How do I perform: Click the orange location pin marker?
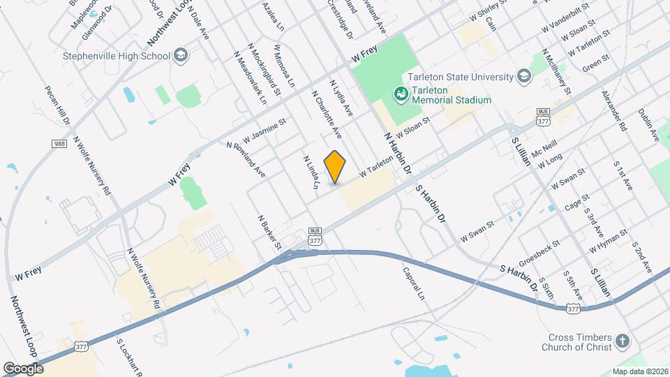(x=335, y=167)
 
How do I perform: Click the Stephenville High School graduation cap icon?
(x=181, y=56)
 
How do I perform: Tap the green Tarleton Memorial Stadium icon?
(x=401, y=94)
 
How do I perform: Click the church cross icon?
(x=622, y=342)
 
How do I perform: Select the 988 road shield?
(x=59, y=144)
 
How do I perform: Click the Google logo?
(x=23, y=368)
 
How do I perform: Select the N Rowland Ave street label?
(x=245, y=159)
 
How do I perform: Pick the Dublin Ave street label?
(x=646, y=126)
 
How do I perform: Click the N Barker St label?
(x=269, y=232)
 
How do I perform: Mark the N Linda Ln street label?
(x=310, y=171)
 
